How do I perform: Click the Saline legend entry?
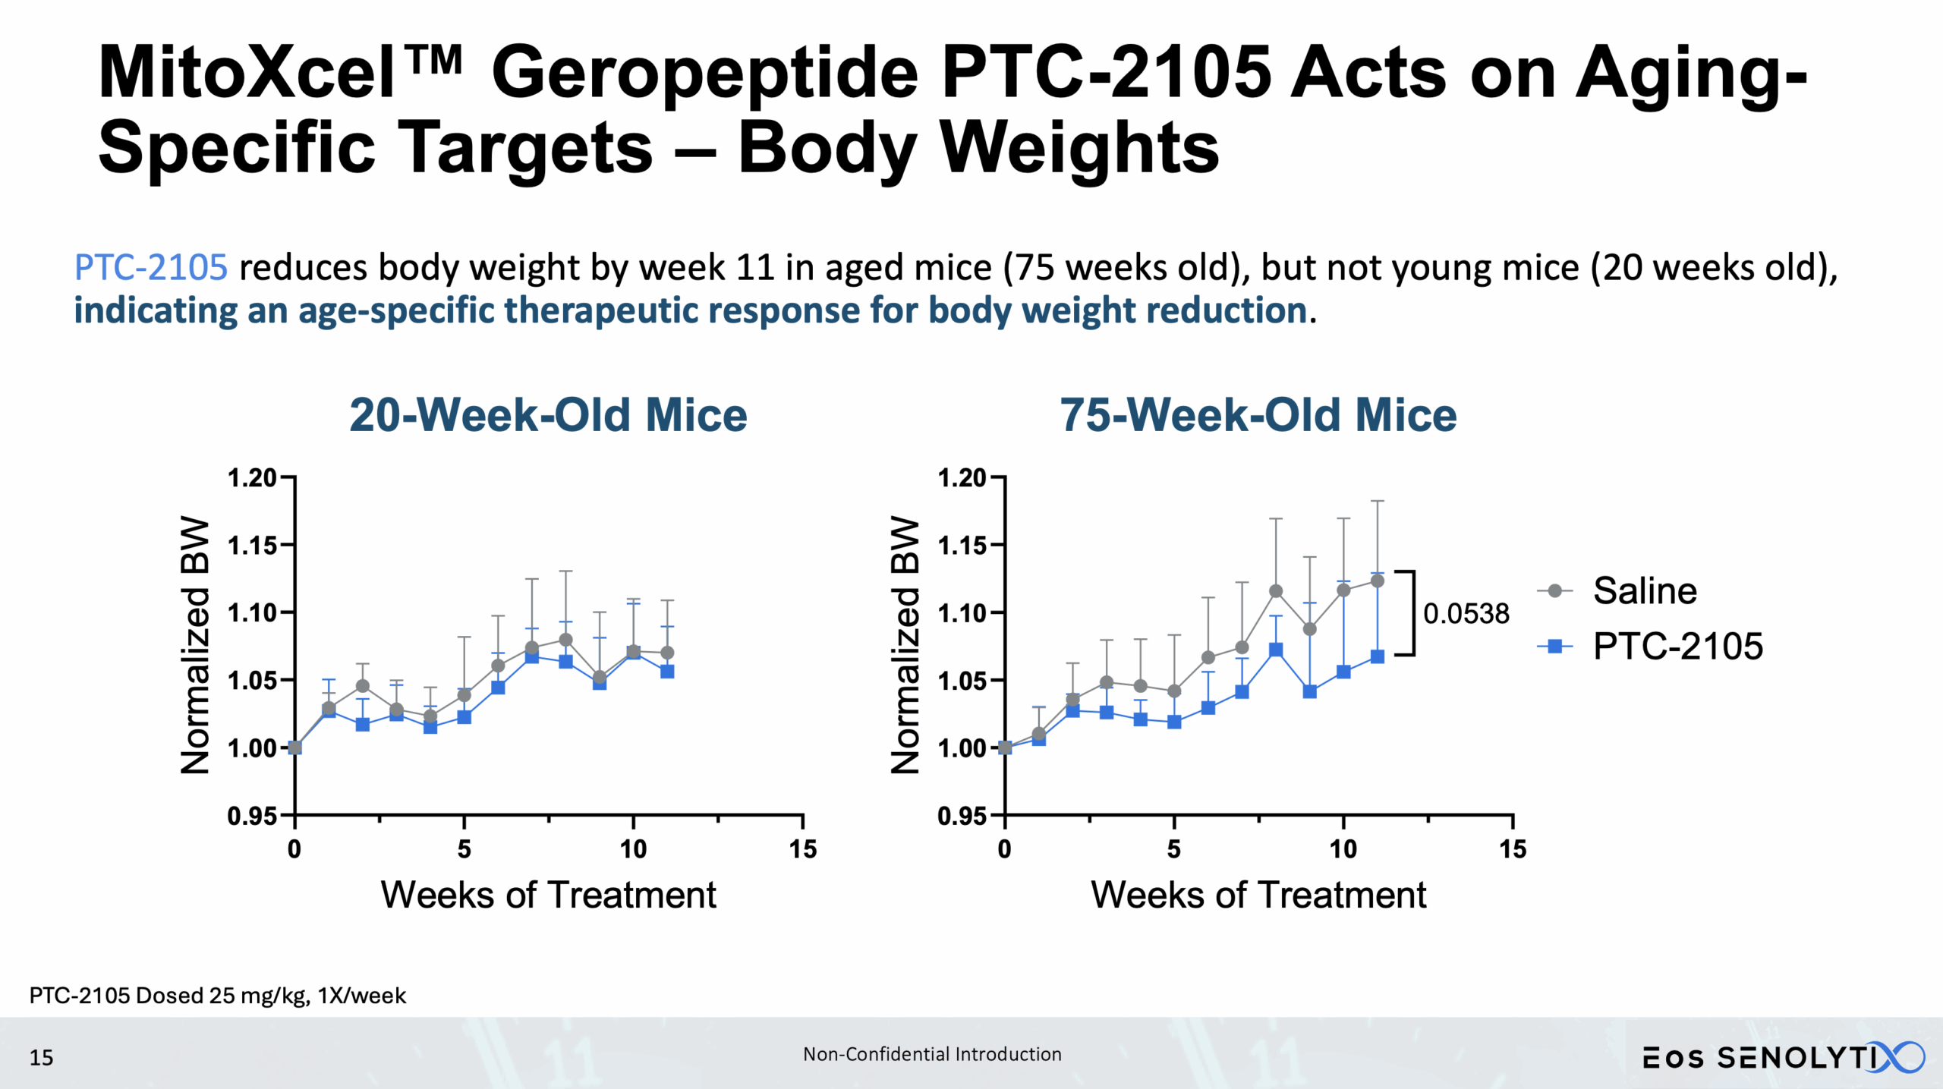pos(1644,590)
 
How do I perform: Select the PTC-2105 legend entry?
pos(1677,647)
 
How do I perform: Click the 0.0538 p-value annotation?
pos(1466,613)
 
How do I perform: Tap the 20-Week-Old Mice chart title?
pos(548,415)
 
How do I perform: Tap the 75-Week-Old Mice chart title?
pos(1258,415)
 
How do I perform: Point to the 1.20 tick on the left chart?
pos(251,478)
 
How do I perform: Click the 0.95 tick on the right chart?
pos(962,816)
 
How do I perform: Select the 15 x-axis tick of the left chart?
pos(803,848)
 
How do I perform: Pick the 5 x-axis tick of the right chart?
pos(1173,848)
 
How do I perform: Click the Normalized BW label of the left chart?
pos(195,645)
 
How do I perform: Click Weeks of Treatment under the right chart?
pos(1258,895)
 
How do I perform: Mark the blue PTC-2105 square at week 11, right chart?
pos(1378,656)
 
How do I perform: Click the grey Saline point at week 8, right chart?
pos(1276,590)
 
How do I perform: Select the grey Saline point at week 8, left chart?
pos(565,639)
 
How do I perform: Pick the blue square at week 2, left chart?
pos(363,724)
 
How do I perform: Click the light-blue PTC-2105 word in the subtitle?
pos(150,267)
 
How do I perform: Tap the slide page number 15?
pos(41,1057)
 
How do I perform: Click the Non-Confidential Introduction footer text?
pos(932,1054)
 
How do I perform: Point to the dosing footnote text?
pos(217,996)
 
